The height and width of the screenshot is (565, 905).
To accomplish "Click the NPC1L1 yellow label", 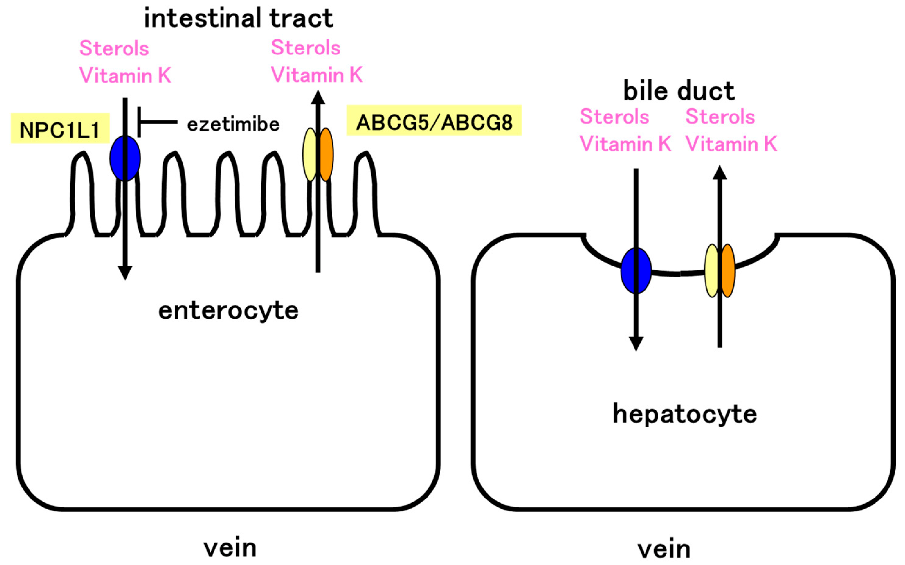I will [x=60, y=129].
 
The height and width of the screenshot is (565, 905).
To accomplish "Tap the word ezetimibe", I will [x=233, y=125].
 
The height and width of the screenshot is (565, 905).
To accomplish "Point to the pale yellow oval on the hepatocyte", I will [x=712, y=270].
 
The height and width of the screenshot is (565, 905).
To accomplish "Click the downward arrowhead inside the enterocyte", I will [x=125, y=273].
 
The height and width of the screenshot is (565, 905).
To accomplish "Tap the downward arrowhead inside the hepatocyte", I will [x=636, y=344].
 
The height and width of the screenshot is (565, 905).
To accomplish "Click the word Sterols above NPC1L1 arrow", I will [x=114, y=49].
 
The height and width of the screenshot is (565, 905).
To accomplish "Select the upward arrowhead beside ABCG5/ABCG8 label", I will [x=318, y=98].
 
